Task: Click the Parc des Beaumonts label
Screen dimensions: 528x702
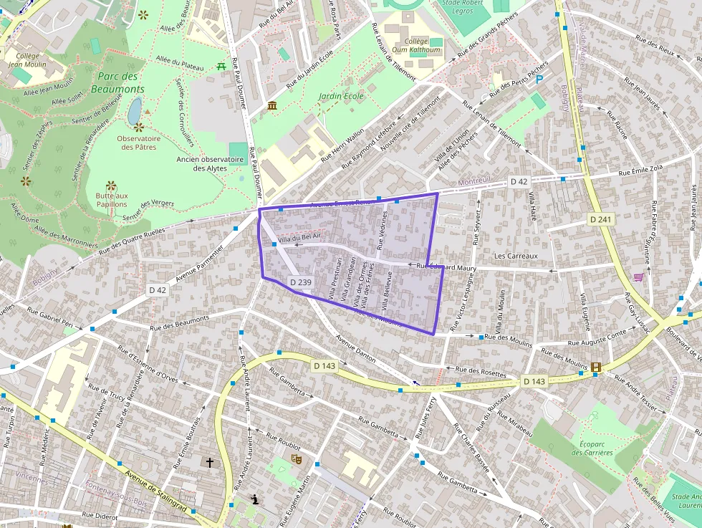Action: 117,83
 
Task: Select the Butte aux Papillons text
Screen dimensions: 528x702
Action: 111,199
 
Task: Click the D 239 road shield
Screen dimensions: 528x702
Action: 300,282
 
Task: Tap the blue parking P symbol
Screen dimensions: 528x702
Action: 539,80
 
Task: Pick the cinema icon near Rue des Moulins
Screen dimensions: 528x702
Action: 596,368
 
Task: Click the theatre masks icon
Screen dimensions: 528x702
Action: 296,457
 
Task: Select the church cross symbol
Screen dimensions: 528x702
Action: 209,463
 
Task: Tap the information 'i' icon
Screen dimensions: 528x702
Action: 254,499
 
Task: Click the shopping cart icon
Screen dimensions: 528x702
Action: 638,277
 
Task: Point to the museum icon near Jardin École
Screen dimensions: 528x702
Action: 272,107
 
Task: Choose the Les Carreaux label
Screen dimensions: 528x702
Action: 516,256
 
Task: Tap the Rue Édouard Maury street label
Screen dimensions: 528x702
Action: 447,267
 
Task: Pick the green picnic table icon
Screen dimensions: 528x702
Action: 222,66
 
